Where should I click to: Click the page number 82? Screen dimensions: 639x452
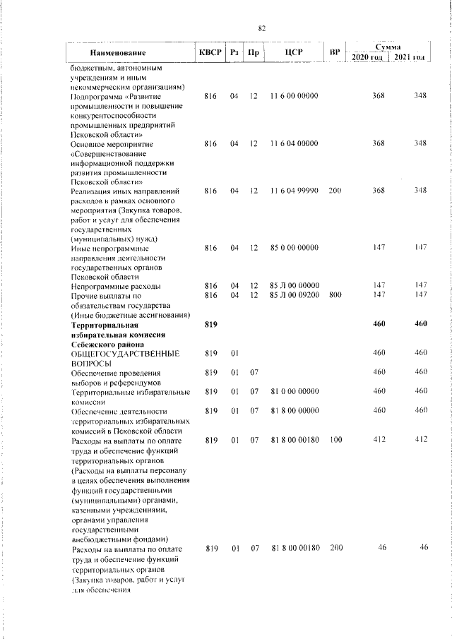click(x=261, y=28)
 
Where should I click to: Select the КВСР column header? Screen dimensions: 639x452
click(x=210, y=53)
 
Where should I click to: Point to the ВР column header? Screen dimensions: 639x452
click(x=335, y=53)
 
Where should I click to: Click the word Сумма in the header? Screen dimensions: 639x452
click(x=388, y=46)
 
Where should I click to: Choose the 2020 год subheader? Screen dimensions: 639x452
click(x=368, y=56)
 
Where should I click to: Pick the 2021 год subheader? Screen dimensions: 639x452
click(x=410, y=56)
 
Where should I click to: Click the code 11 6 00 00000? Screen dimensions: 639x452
click(x=294, y=95)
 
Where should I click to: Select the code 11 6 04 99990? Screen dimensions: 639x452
click(x=294, y=191)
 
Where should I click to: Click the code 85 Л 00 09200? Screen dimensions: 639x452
click(x=294, y=295)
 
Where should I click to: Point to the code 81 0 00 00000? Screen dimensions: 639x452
click(x=294, y=390)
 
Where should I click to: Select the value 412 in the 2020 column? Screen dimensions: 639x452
click(x=379, y=439)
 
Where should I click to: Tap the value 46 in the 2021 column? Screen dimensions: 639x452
click(x=423, y=548)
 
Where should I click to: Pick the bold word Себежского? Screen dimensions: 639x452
click(x=97, y=343)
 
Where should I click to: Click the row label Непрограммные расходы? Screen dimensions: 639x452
click(x=115, y=286)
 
